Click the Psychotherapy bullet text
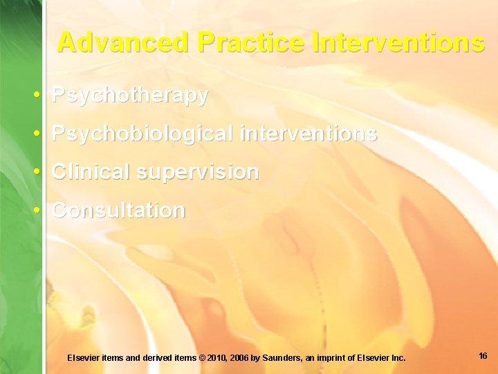[x=130, y=96]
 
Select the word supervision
[x=197, y=172]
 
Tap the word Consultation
[x=119, y=210]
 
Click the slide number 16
[x=483, y=356]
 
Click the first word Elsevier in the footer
[x=84, y=358]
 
